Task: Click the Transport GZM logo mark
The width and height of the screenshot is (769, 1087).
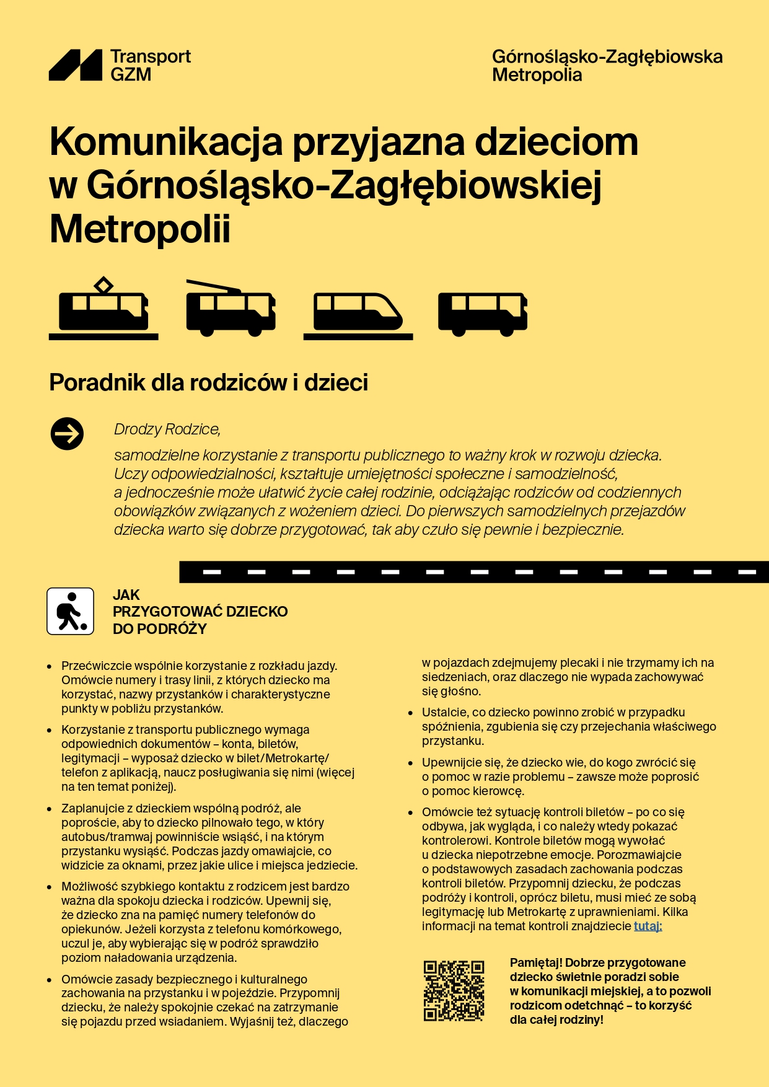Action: coord(76,65)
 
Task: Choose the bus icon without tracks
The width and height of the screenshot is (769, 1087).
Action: coord(483,313)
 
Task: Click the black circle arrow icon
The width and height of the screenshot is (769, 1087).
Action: coord(67,434)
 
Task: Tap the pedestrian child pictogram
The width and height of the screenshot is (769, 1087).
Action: coord(71,611)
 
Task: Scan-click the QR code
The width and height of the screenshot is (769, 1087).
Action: coord(454,990)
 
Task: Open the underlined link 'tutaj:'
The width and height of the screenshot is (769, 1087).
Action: coord(648,926)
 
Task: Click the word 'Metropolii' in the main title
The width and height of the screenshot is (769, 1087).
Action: coord(140,229)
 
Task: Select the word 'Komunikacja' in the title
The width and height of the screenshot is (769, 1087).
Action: coord(166,142)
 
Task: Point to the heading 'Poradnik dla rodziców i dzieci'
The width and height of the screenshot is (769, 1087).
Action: coord(208,382)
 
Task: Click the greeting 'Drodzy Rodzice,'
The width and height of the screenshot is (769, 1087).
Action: coord(167,429)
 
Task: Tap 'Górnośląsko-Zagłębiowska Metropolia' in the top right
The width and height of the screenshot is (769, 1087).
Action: coord(607,66)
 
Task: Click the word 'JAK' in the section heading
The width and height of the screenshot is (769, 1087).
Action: coord(126,595)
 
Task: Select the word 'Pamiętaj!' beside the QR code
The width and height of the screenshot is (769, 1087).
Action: coord(535,962)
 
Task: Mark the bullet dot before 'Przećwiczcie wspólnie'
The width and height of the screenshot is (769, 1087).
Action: coord(50,667)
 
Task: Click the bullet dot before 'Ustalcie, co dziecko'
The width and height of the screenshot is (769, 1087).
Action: coord(410,713)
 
